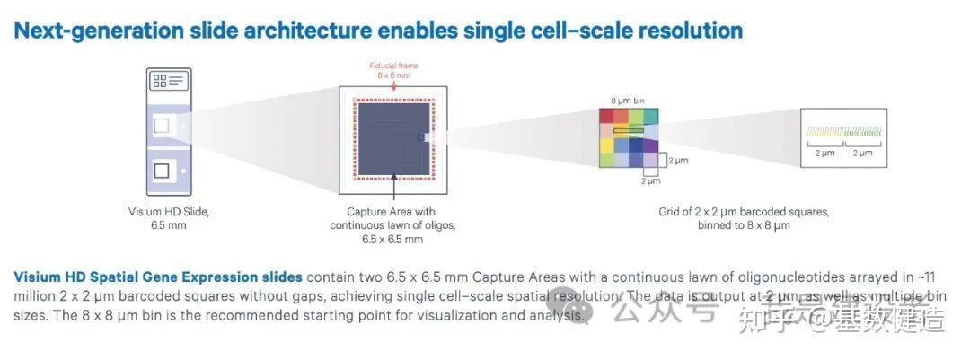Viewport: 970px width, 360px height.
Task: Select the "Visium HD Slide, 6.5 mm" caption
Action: (168, 217)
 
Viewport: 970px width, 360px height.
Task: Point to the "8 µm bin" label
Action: (626, 101)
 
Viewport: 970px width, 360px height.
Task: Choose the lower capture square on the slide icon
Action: (162, 170)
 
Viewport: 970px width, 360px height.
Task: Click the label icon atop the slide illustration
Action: (169, 82)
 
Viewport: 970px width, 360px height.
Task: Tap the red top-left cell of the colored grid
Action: (608, 115)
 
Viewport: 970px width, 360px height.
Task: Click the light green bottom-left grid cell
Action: (608, 159)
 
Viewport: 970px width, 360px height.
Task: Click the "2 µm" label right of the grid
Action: (680, 159)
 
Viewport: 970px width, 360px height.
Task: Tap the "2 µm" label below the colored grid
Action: (650, 181)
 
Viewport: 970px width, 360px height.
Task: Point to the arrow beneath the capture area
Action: (393, 189)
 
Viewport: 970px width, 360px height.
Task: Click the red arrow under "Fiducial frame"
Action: (393, 84)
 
